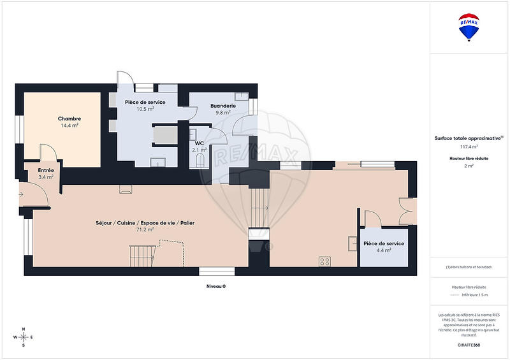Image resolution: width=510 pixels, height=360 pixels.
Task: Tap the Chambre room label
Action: pos(69,119)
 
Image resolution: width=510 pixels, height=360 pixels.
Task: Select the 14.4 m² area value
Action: pos(69,126)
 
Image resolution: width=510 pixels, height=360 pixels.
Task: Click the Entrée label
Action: pos(46,170)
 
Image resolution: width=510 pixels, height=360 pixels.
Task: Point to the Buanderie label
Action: pos(224,106)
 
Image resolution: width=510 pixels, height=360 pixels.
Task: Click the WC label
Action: pos(199,143)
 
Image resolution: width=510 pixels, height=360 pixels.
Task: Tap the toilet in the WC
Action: pos(200,158)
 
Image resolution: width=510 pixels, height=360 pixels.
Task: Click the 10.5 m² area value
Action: pos(145,109)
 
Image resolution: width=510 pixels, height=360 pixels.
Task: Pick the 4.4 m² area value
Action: pos(383,250)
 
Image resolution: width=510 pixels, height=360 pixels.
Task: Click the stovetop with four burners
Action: pos(324,261)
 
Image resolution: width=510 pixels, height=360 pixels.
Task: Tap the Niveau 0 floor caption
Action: pos(216,287)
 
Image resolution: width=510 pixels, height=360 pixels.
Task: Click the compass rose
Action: pos(24,337)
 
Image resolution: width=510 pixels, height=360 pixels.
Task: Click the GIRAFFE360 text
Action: pos(469,344)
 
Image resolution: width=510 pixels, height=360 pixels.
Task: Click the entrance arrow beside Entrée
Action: pos(21,194)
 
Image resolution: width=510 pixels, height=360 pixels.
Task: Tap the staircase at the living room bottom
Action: pos(141,257)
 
